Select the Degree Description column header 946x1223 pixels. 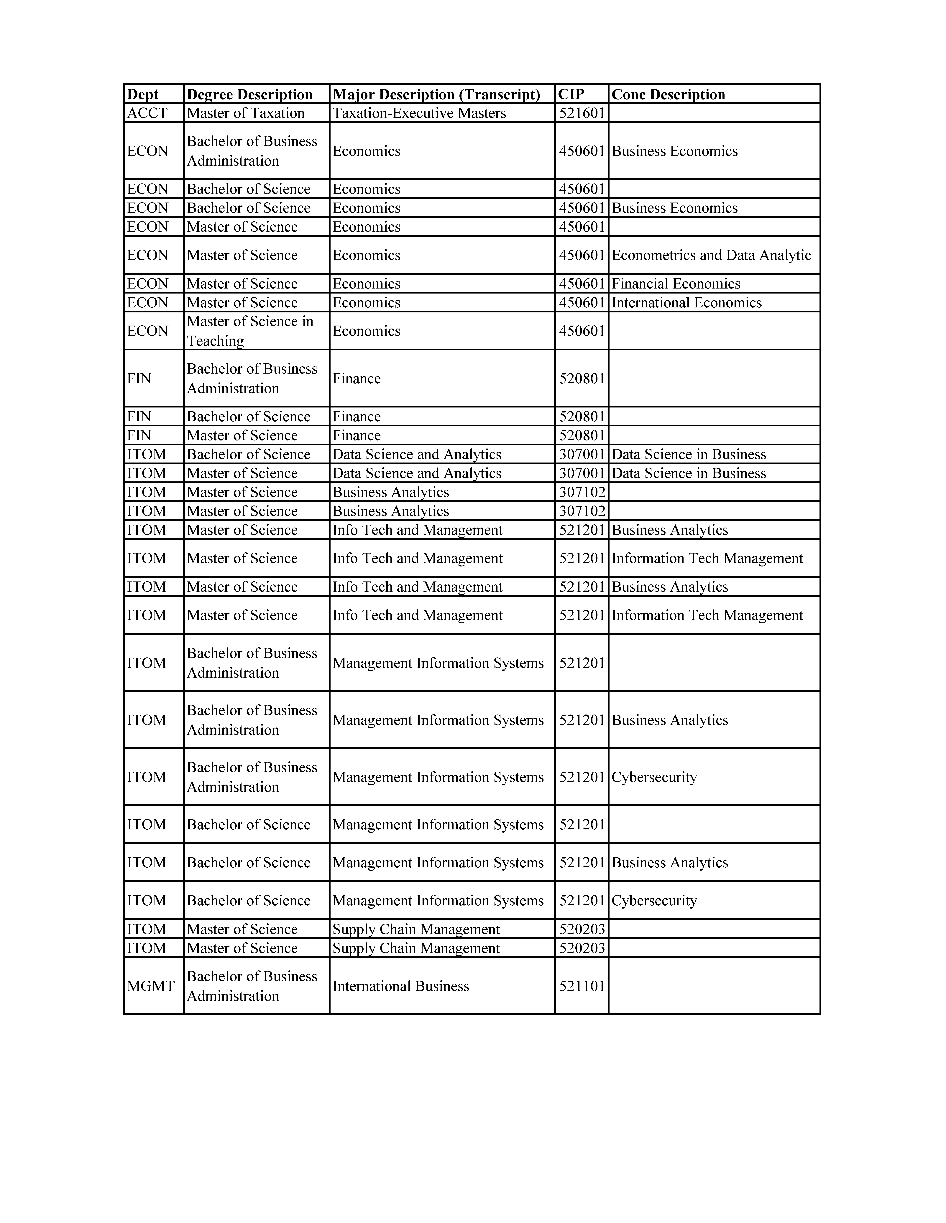click(249, 94)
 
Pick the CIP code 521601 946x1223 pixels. click(582, 113)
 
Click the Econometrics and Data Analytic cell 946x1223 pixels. click(711, 255)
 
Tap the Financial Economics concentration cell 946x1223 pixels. click(676, 284)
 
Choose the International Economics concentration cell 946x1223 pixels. click(686, 303)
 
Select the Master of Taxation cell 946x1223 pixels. click(245, 113)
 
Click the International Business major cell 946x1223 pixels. click(401, 986)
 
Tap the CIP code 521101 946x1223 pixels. click(582, 986)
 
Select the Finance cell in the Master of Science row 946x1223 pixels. click(357, 436)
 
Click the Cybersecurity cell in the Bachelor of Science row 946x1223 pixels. click(654, 900)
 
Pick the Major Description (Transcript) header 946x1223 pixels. click(436, 94)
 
